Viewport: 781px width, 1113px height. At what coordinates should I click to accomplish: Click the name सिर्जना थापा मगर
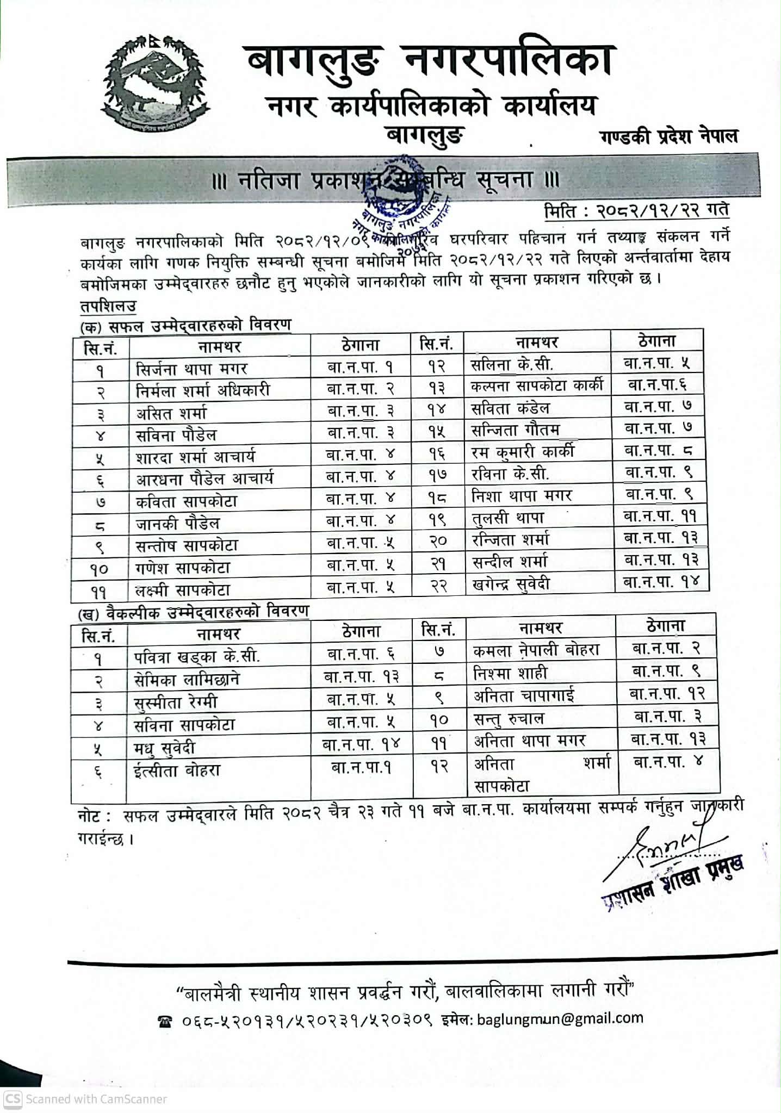click(x=191, y=369)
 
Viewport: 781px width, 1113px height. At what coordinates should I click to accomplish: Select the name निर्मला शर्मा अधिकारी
click(x=202, y=390)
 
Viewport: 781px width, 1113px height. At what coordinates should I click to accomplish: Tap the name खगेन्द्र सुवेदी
click(x=511, y=585)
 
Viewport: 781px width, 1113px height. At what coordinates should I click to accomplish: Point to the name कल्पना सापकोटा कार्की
click(x=537, y=385)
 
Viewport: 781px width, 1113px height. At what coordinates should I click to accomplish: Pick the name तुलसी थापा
click(x=508, y=518)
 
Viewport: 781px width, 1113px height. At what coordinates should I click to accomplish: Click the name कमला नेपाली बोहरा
click(x=536, y=650)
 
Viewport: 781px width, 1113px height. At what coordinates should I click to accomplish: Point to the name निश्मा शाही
click(x=510, y=673)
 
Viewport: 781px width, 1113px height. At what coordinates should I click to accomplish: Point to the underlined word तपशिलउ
click(x=108, y=306)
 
